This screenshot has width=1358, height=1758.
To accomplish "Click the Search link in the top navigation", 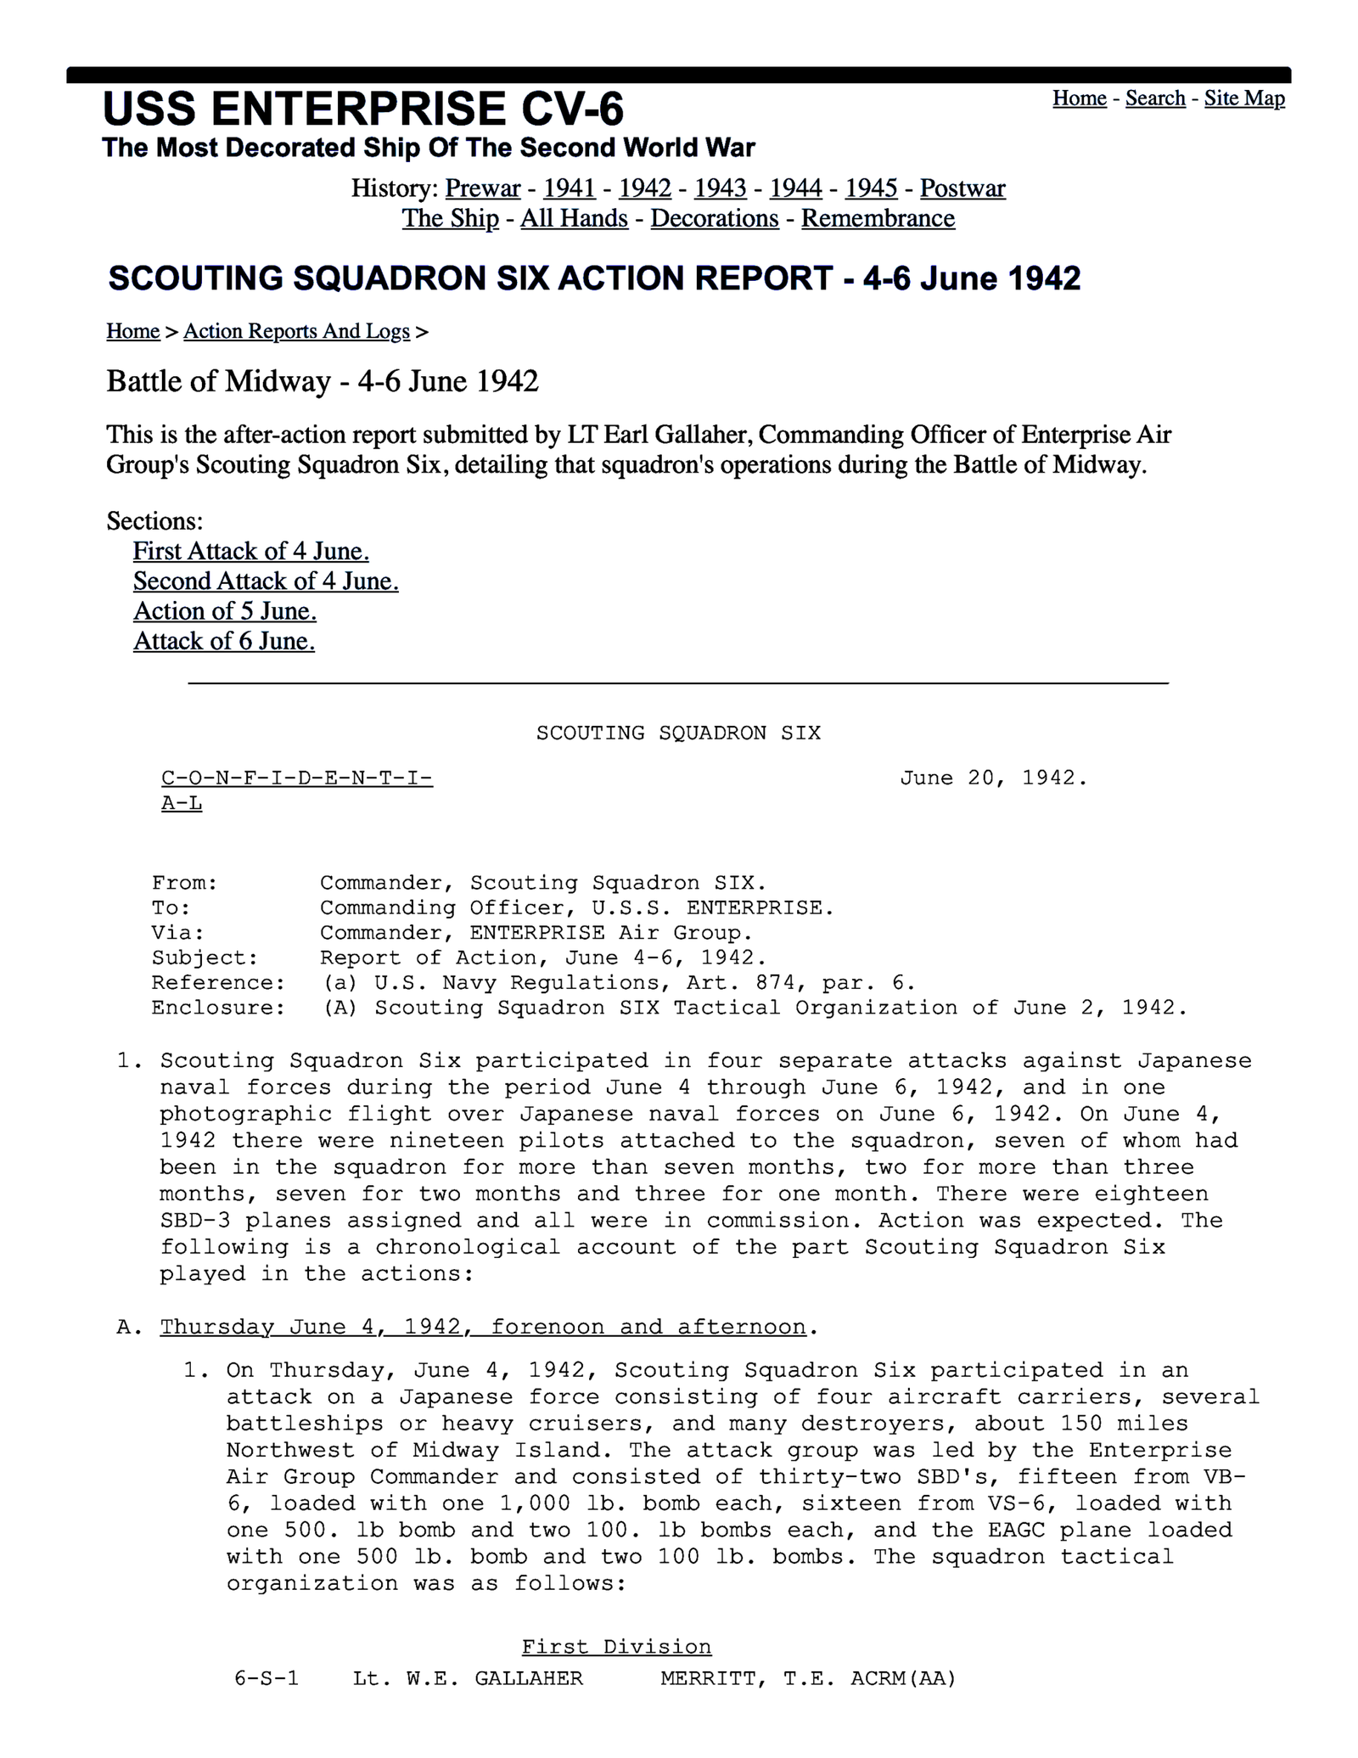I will tap(1154, 98).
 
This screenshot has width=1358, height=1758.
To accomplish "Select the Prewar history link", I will tap(482, 188).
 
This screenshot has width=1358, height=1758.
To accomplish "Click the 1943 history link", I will tap(720, 188).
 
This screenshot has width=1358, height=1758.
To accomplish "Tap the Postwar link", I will tap(962, 188).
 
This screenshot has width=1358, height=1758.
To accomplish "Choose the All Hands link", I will tap(574, 218).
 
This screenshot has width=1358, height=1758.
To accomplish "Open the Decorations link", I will tap(714, 218).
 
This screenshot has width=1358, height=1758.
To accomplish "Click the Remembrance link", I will tap(878, 218).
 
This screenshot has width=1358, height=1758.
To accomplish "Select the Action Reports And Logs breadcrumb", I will tap(296, 331).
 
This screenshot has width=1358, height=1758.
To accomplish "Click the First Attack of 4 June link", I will tap(250, 551).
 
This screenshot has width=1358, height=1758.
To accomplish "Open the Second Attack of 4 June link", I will tap(266, 581).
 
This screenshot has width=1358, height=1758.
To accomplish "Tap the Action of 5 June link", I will tap(224, 611).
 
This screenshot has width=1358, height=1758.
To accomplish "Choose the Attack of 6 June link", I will tap(223, 641).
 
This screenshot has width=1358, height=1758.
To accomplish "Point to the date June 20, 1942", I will tap(993, 778).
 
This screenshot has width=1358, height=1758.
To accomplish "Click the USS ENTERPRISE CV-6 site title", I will tap(362, 109).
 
